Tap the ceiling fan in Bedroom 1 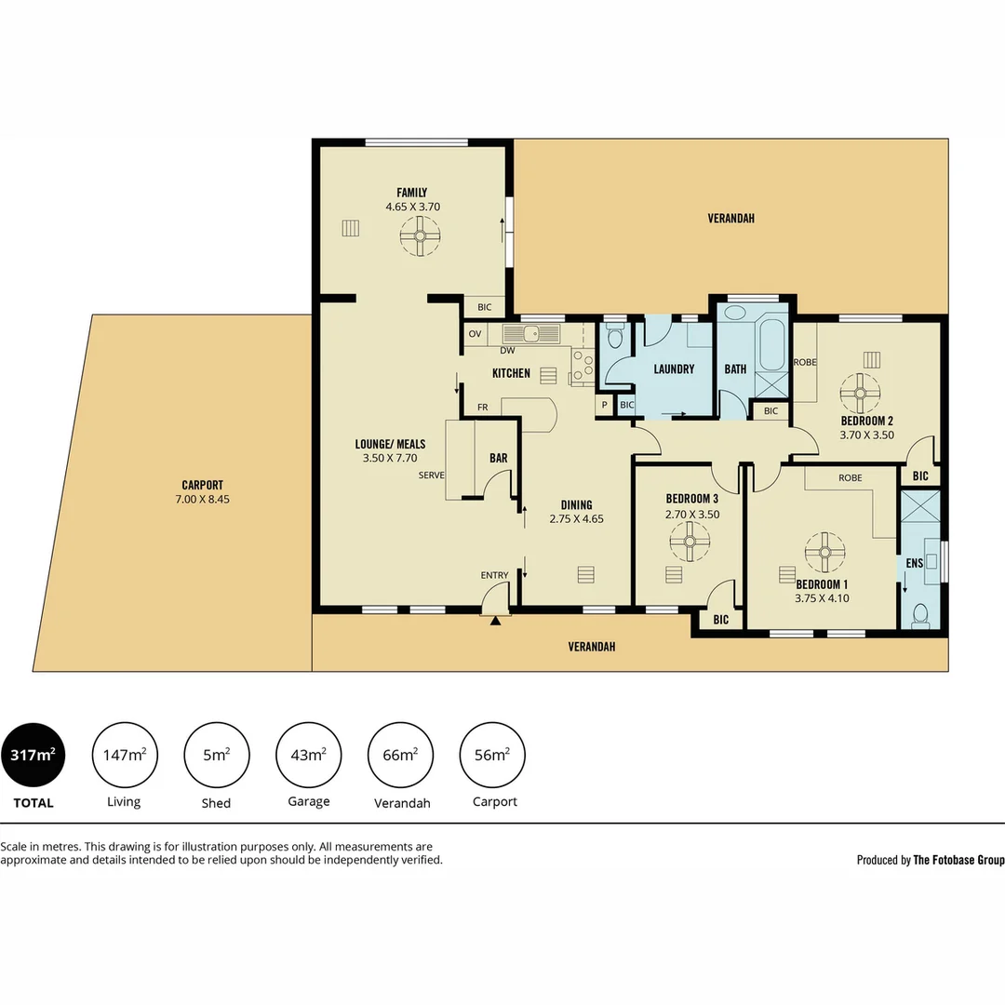[824, 551]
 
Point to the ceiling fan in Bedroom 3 [690, 541]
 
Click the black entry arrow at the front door [496, 621]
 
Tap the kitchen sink [531, 333]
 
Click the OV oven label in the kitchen [475, 333]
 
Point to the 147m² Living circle [125, 755]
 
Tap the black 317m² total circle [33, 755]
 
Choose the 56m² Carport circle [493, 755]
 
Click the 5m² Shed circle [217, 755]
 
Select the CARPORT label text [202, 485]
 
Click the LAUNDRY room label [674, 369]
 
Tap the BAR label [499, 458]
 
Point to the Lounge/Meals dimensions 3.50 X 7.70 [390, 459]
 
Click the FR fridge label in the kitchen [483, 408]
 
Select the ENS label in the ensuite [914, 563]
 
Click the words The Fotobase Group [958, 861]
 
